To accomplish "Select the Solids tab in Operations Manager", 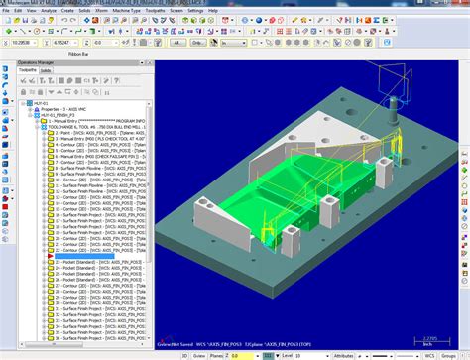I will (46, 71).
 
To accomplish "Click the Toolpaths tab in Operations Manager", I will (27, 71).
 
